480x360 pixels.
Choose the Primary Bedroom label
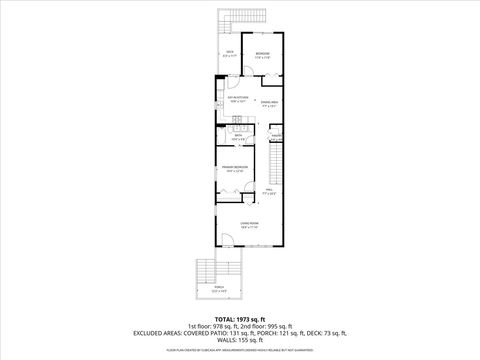tap(234, 168)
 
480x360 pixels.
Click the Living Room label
tap(249, 225)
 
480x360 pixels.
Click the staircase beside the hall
tap(277, 160)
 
